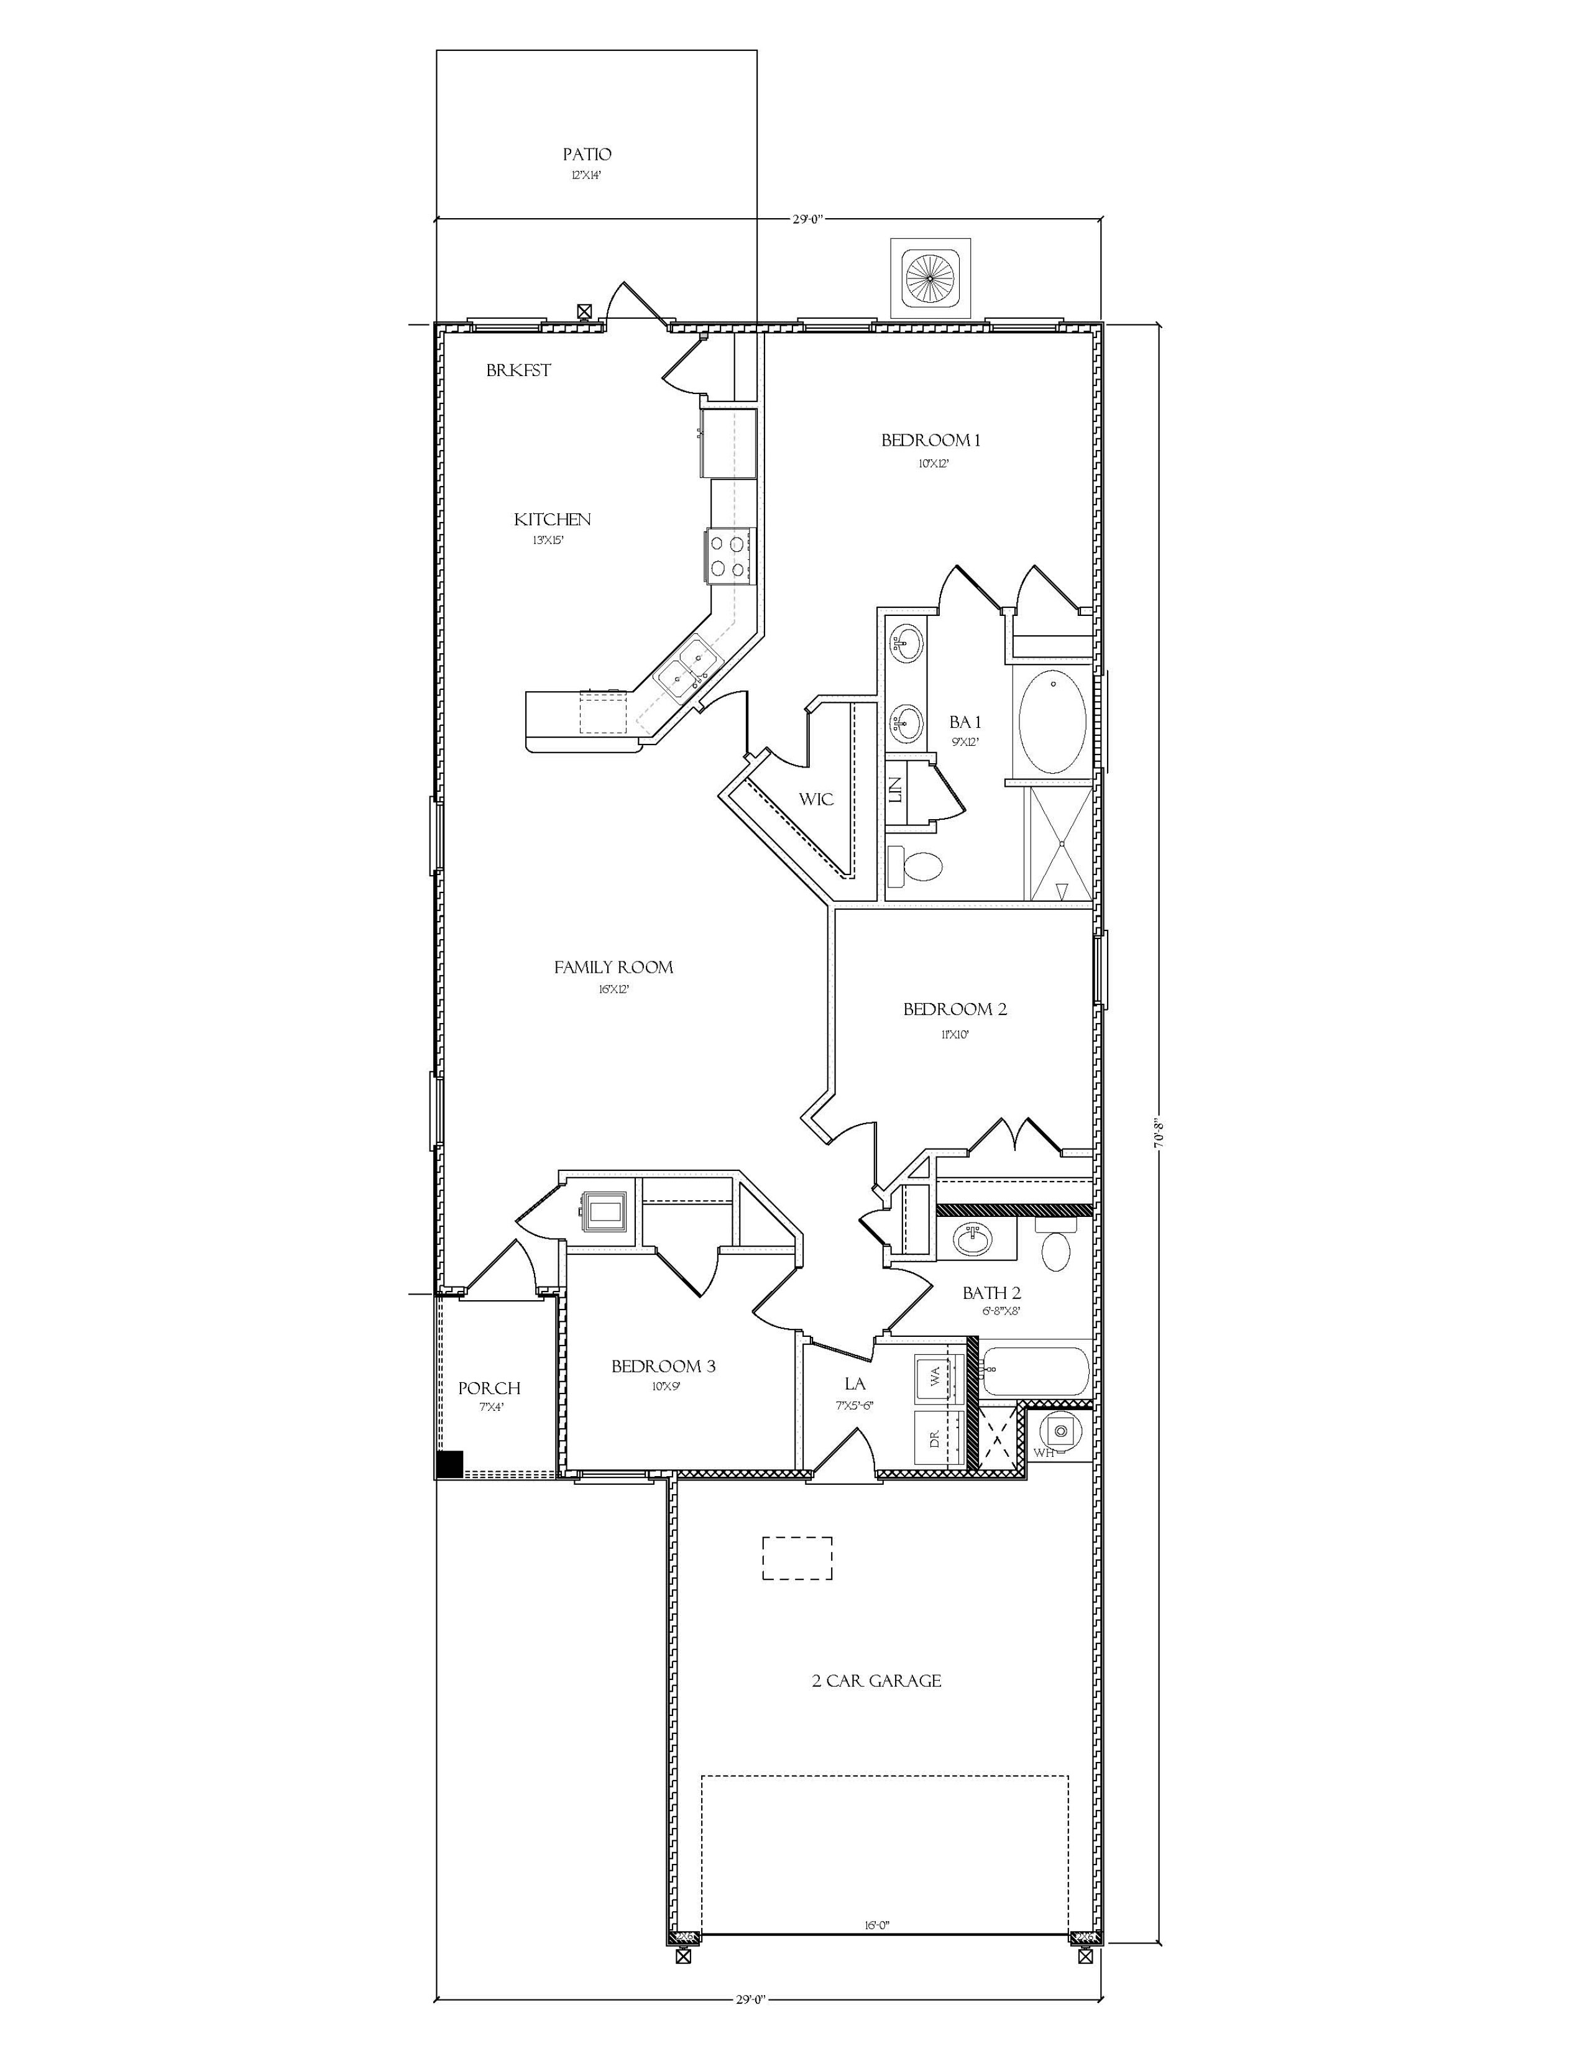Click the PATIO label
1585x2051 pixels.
tap(587, 155)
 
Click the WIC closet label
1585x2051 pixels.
tap(816, 799)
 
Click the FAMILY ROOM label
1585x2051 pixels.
tap(613, 967)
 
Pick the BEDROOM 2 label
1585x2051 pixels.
tap(955, 1009)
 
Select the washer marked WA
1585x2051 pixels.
tap(940, 1378)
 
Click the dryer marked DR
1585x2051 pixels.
tap(940, 1438)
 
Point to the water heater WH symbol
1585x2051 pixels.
tap(1061, 1431)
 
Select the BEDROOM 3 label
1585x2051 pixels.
tap(663, 1366)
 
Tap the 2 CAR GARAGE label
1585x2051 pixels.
tap(876, 1681)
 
